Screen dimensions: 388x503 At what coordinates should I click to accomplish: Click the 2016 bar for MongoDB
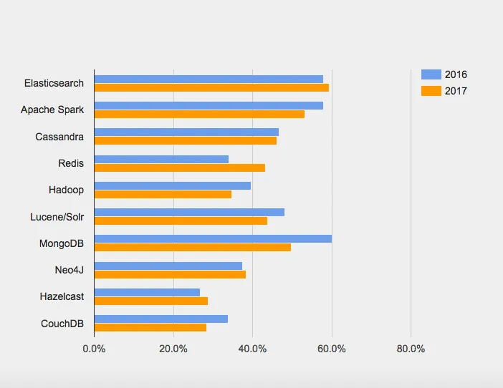point(213,239)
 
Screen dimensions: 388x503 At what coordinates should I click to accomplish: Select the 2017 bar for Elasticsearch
point(211,87)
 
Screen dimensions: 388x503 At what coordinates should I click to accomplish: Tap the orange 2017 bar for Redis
point(180,168)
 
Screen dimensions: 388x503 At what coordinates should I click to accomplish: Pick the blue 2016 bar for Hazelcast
point(147,292)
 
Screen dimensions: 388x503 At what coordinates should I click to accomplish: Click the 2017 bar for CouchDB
point(150,327)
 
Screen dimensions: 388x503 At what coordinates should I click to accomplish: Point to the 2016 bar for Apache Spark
point(209,105)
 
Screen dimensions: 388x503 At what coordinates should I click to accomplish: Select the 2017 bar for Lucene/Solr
point(181,220)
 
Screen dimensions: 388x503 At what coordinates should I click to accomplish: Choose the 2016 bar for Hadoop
point(173,185)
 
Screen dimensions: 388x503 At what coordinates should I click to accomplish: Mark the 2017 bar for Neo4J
point(170,274)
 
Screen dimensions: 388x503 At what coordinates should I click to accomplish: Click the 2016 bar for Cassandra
point(186,132)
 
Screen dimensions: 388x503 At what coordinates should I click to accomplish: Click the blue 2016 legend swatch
point(431,74)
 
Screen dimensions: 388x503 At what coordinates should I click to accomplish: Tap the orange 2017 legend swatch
point(431,91)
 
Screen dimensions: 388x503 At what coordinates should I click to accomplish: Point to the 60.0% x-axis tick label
point(332,349)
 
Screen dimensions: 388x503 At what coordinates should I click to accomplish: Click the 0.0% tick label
point(94,349)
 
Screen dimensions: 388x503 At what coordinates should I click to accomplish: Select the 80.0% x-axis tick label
point(411,349)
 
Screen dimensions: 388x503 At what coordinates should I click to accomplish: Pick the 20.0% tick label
point(173,349)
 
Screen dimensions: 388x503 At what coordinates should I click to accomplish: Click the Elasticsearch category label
point(54,83)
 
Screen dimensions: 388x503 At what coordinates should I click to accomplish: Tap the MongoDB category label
point(62,243)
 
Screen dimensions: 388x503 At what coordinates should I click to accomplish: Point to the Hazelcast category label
point(62,296)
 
